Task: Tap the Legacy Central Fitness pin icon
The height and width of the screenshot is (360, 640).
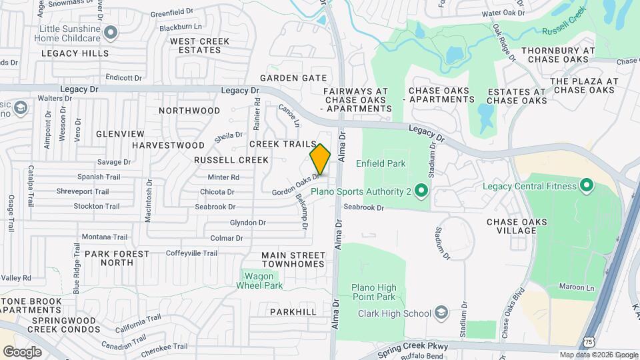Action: (x=587, y=185)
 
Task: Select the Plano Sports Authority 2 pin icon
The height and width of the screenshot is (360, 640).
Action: (x=421, y=192)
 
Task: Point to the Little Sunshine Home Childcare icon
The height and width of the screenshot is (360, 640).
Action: (x=111, y=31)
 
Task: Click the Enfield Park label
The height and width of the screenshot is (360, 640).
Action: (x=381, y=163)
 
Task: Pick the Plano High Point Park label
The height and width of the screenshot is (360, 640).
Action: (x=373, y=293)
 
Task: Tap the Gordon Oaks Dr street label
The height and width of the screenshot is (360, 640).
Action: (x=293, y=185)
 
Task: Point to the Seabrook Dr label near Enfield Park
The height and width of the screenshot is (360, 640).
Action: (x=364, y=207)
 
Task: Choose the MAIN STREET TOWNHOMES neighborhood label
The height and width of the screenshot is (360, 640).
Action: (x=293, y=259)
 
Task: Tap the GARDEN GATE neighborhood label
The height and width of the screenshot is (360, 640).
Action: (x=293, y=77)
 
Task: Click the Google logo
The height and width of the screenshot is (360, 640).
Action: (x=22, y=351)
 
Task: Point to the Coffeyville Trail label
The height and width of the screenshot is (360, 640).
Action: (x=192, y=253)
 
